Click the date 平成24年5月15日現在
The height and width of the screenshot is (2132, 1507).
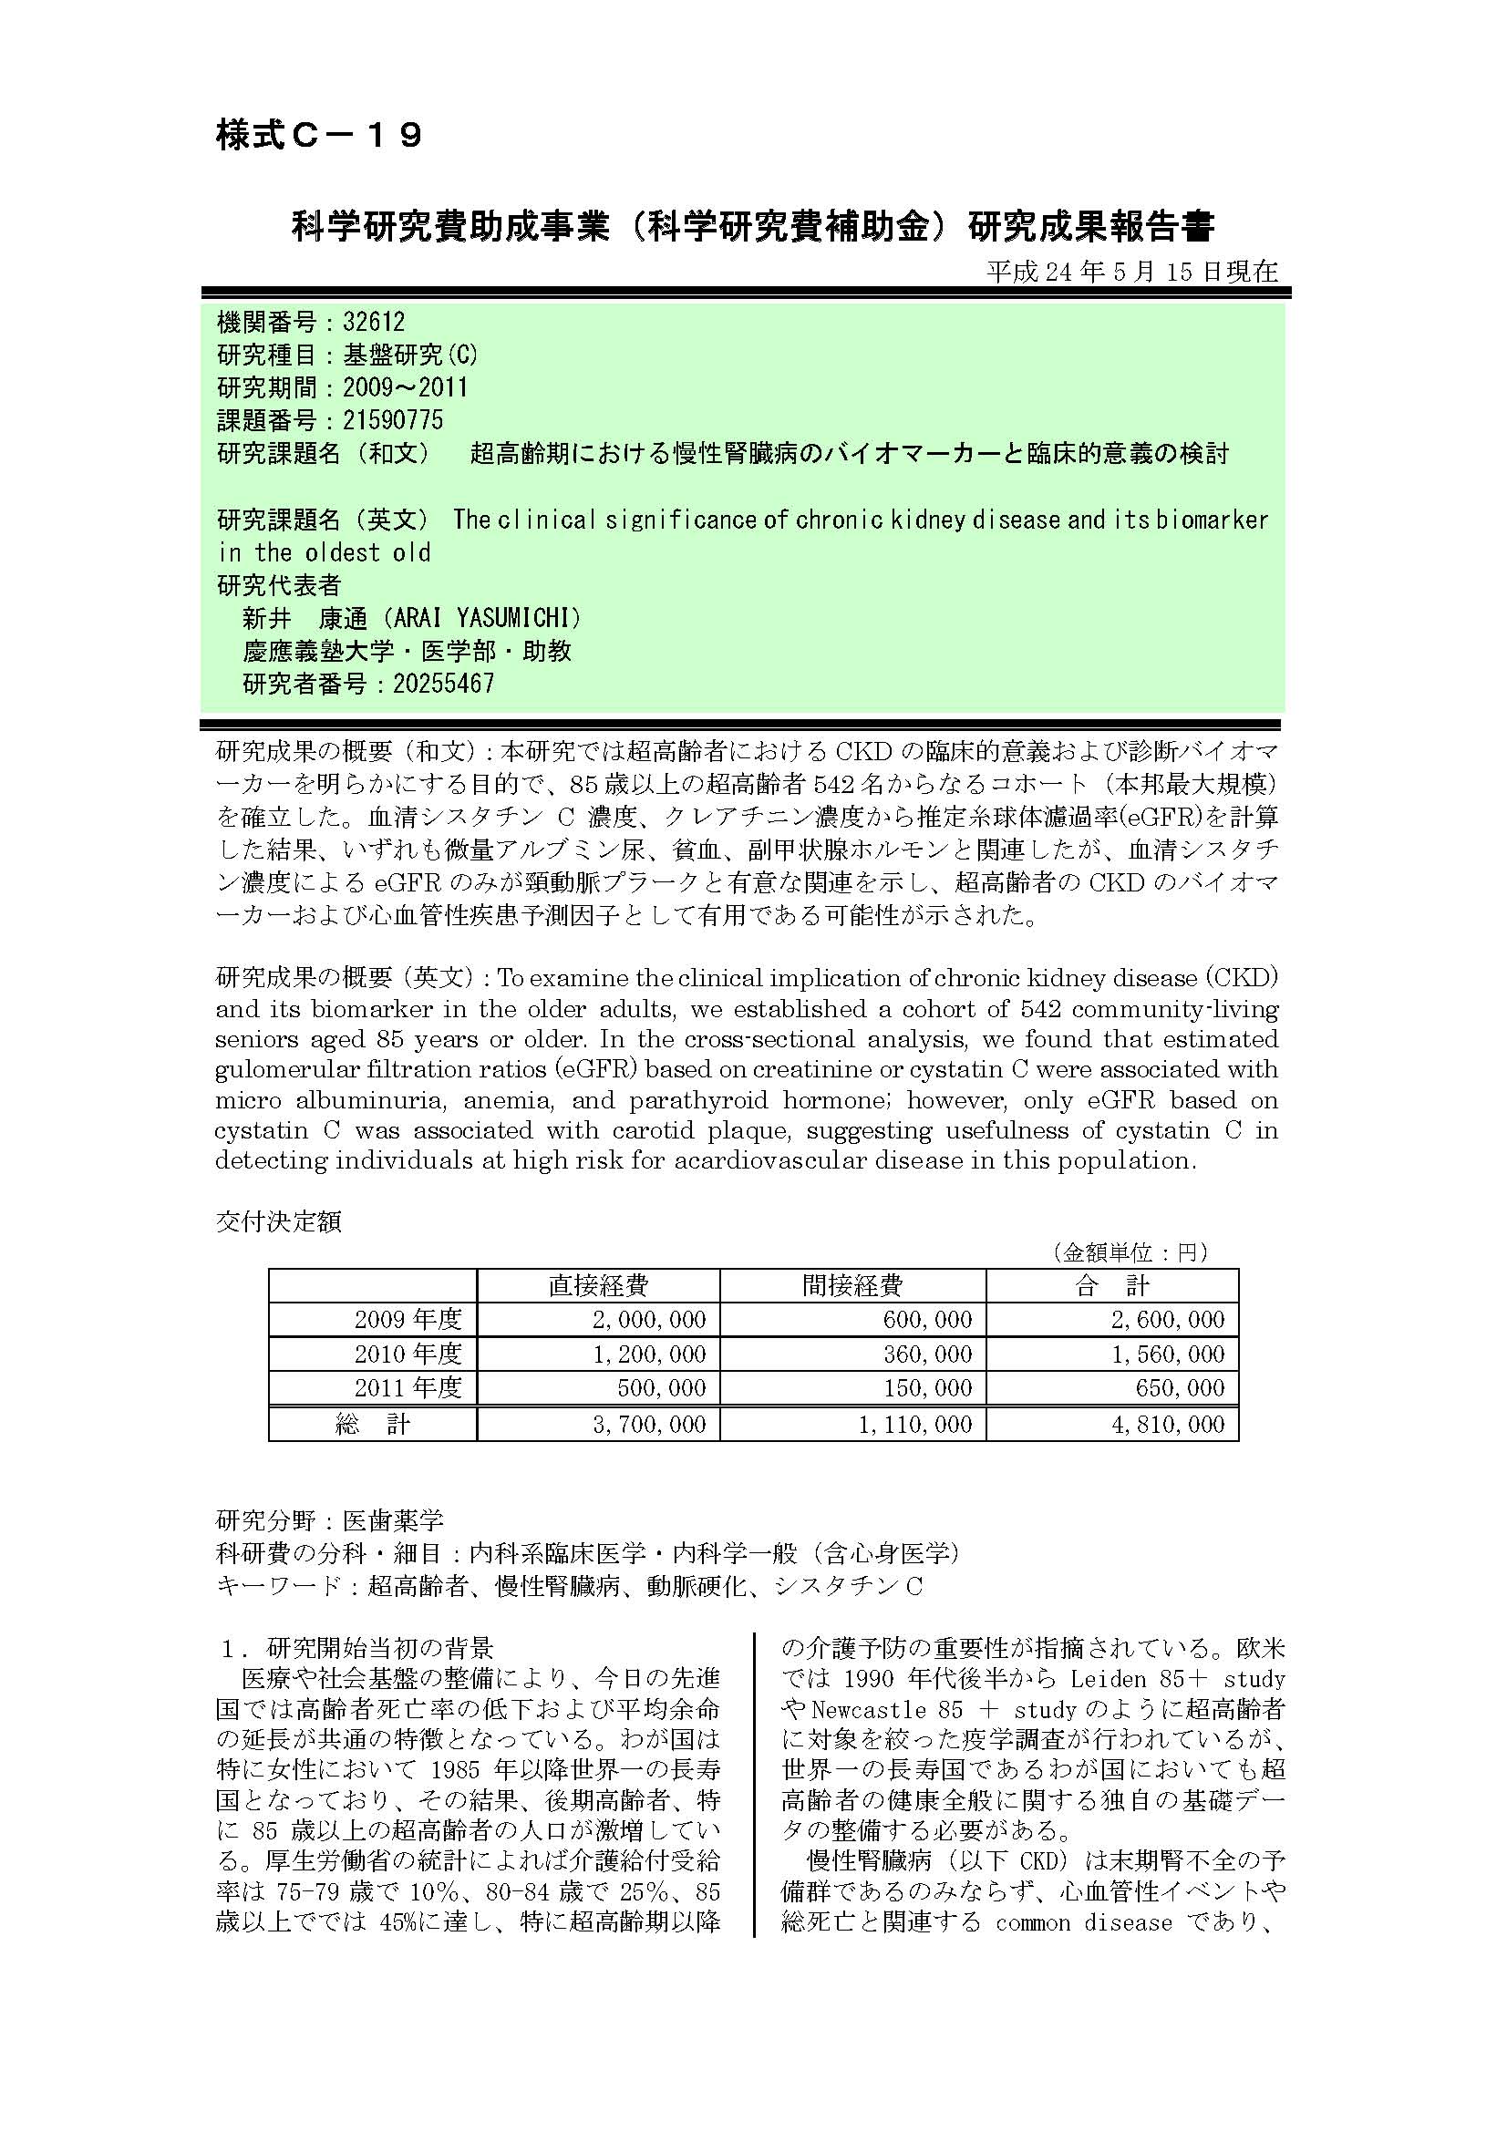click(x=1132, y=271)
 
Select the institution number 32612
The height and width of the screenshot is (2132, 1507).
click(x=373, y=322)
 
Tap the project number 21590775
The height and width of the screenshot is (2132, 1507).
click(x=393, y=420)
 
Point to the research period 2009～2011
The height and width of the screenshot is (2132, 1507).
click(x=405, y=387)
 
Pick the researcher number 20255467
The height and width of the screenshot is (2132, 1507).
click(x=443, y=684)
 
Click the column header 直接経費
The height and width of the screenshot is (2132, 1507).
click(x=598, y=1286)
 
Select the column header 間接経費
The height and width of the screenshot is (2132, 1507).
click(x=852, y=1286)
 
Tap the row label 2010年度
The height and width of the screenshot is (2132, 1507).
click(x=408, y=1354)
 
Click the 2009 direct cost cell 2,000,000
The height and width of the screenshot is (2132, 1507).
click(x=649, y=1320)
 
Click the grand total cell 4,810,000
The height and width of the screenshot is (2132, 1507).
click(x=1168, y=1425)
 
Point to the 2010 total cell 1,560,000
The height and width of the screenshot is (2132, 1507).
click(x=1168, y=1354)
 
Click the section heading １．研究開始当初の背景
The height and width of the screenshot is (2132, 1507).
click(x=356, y=1648)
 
